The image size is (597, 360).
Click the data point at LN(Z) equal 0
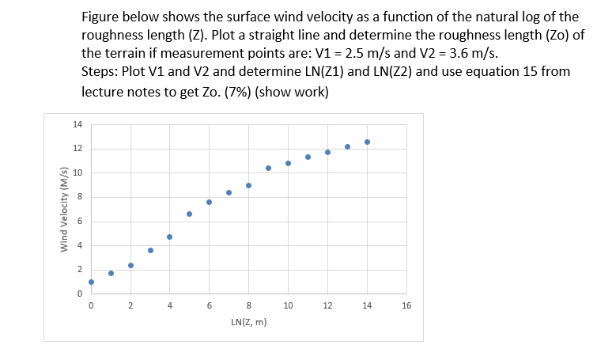(91, 282)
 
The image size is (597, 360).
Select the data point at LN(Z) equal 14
(367, 142)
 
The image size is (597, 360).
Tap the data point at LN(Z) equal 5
(190, 214)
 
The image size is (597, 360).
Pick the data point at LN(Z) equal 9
(268, 168)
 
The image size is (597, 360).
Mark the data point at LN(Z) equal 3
(150, 250)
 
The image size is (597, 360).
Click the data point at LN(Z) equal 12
(327, 152)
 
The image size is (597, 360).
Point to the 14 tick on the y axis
(77, 124)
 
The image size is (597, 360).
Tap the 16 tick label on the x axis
(406, 305)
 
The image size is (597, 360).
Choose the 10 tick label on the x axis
(288, 305)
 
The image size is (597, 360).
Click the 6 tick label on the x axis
(210, 305)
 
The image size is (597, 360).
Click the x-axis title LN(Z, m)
(248, 323)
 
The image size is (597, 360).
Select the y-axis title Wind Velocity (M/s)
(64, 209)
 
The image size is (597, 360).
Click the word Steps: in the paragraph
(104, 73)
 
